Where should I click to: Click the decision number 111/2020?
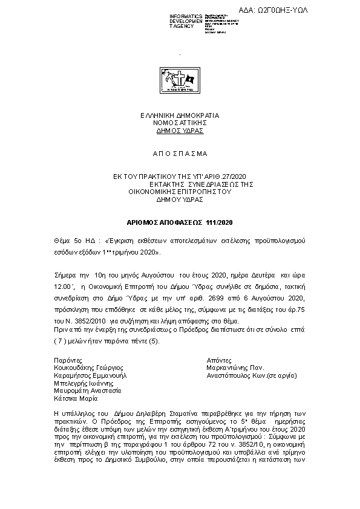click(223, 222)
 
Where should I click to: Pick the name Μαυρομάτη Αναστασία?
click(88, 391)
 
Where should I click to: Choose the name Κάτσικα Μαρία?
click(76, 398)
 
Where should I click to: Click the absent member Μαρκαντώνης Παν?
click(235, 367)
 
